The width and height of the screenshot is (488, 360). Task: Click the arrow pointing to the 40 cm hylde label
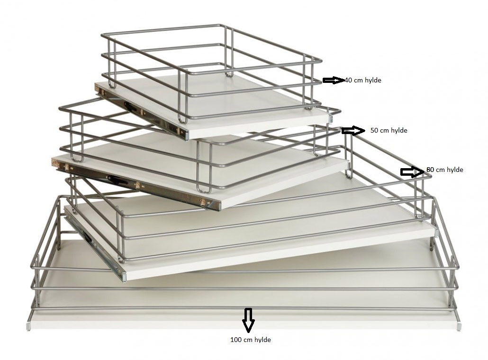click(x=334, y=80)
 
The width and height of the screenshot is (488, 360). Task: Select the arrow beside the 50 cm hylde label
click(x=353, y=131)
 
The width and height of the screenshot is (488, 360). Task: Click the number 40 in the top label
click(x=349, y=80)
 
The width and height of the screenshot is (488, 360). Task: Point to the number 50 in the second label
click(x=374, y=130)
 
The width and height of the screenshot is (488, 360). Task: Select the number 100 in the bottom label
click(x=236, y=340)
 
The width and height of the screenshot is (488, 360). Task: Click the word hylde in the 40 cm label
click(x=373, y=80)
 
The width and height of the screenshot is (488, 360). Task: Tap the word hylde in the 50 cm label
click(x=398, y=130)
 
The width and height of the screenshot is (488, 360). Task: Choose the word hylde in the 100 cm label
click(x=262, y=340)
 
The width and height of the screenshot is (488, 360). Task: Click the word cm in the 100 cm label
click(x=248, y=340)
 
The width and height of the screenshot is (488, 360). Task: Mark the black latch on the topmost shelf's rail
click(x=130, y=106)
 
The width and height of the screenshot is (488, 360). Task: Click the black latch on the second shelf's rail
click(x=117, y=180)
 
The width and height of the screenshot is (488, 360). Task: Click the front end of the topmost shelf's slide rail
click(x=186, y=135)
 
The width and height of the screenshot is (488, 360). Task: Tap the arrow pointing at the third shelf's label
click(x=412, y=172)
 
